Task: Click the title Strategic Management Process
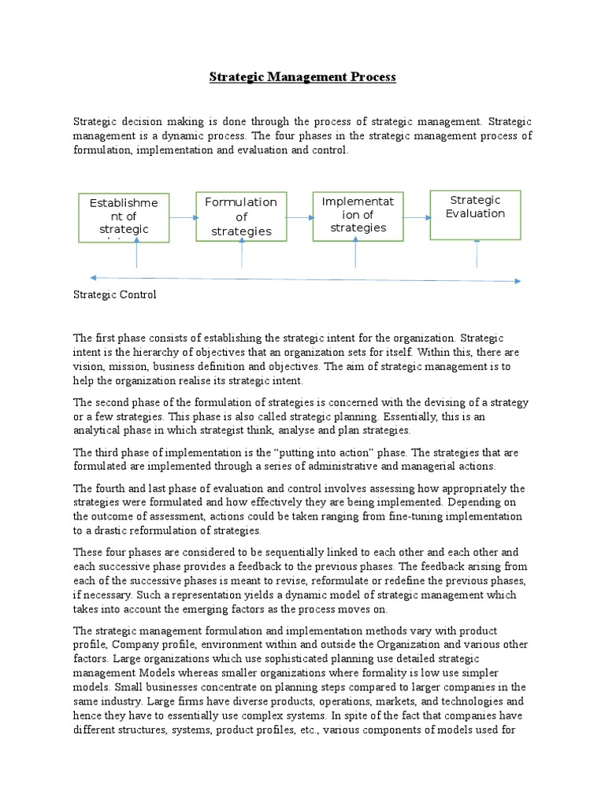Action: click(x=302, y=77)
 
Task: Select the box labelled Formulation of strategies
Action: click(x=241, y=216)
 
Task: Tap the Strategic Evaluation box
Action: click(x=475, y=214)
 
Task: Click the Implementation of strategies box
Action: click(x=358, y=215)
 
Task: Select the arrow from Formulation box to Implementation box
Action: click(x=299, y=218)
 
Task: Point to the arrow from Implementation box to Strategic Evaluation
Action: click(x=417, y=216)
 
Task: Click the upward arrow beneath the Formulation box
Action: click(x=242, y=253)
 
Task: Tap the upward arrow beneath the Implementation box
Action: click(x=357, y=253)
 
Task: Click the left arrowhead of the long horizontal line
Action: click(x=94, y=277)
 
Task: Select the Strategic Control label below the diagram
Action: click(x=115, y=295)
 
